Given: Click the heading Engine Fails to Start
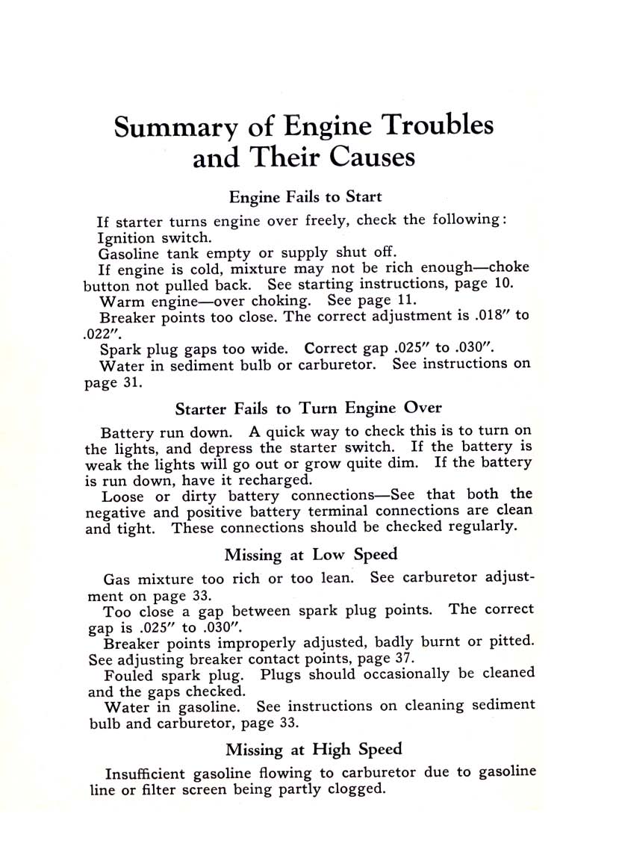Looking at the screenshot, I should click(x=305, y=197).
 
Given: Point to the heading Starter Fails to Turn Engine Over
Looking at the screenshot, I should click(x=308, y=408).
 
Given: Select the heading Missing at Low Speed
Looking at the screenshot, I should click(x=311, y=555).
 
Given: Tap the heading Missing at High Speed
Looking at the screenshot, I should click(x=314, y=750).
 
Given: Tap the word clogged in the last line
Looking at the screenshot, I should click(x=356, y=789).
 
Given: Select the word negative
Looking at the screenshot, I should click(x=113, y=511).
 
